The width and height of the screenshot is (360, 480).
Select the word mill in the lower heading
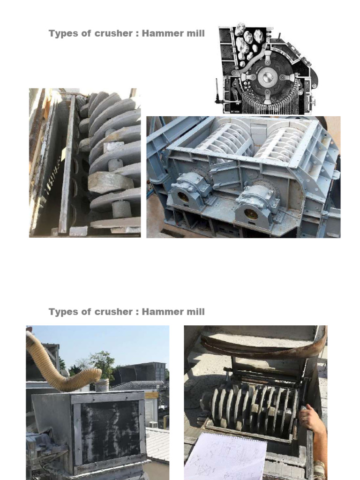pos(195,312)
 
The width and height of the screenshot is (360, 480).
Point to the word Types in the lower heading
pos(63,312)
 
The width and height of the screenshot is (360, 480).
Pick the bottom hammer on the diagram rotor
pos(268,97)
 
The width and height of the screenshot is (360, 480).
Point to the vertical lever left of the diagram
pos(217,91)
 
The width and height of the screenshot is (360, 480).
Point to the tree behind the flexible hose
pos(101,362)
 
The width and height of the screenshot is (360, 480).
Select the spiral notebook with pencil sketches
pos(225,457)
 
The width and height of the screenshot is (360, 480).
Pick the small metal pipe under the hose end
pos(102,385)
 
